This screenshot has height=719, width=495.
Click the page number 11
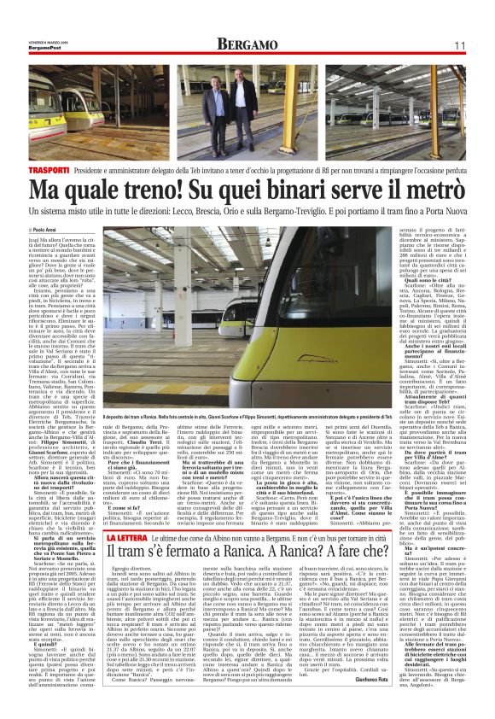(458, 44)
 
